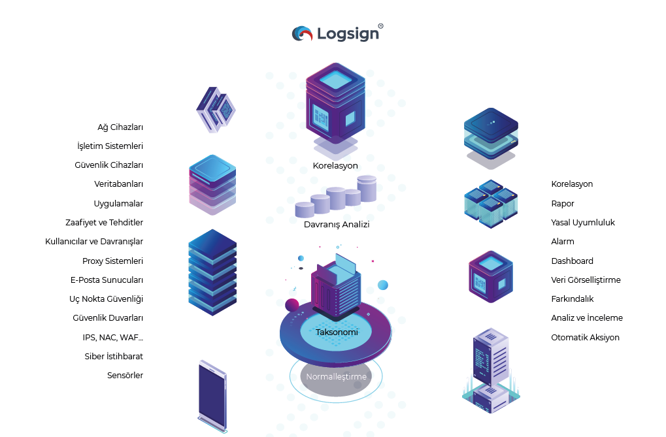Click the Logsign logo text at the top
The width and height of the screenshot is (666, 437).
(x=348, y=33)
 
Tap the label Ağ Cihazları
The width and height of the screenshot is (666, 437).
(x=120, y=127)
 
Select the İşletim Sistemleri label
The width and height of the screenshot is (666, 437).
(x=110, y=146)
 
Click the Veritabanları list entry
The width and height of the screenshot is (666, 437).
(x=118, y=184)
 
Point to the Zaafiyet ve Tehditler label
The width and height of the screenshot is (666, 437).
(x=104, y=223)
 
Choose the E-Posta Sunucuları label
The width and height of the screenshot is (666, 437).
(x=107, y=280)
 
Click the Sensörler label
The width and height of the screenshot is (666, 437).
(x=125, y=376)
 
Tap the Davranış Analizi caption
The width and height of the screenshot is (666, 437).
(x=337, y=225)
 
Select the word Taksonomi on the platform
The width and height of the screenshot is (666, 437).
(x=337, y=332)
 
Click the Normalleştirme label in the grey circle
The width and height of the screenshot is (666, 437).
(x=337, y=377)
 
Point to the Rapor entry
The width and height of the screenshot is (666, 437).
(x=563, y=204)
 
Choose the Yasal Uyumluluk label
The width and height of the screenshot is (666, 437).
(x=582, y=223)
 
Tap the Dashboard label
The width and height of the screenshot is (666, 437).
(x=572, y=261)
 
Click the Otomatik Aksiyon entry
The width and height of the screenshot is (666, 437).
(x=585, y=338)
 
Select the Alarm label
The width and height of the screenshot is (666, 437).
(x=563, y=242)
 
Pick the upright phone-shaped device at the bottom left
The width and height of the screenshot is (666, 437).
(x=213, y=396)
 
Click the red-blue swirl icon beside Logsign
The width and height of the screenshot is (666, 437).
(x=302, y=33)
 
